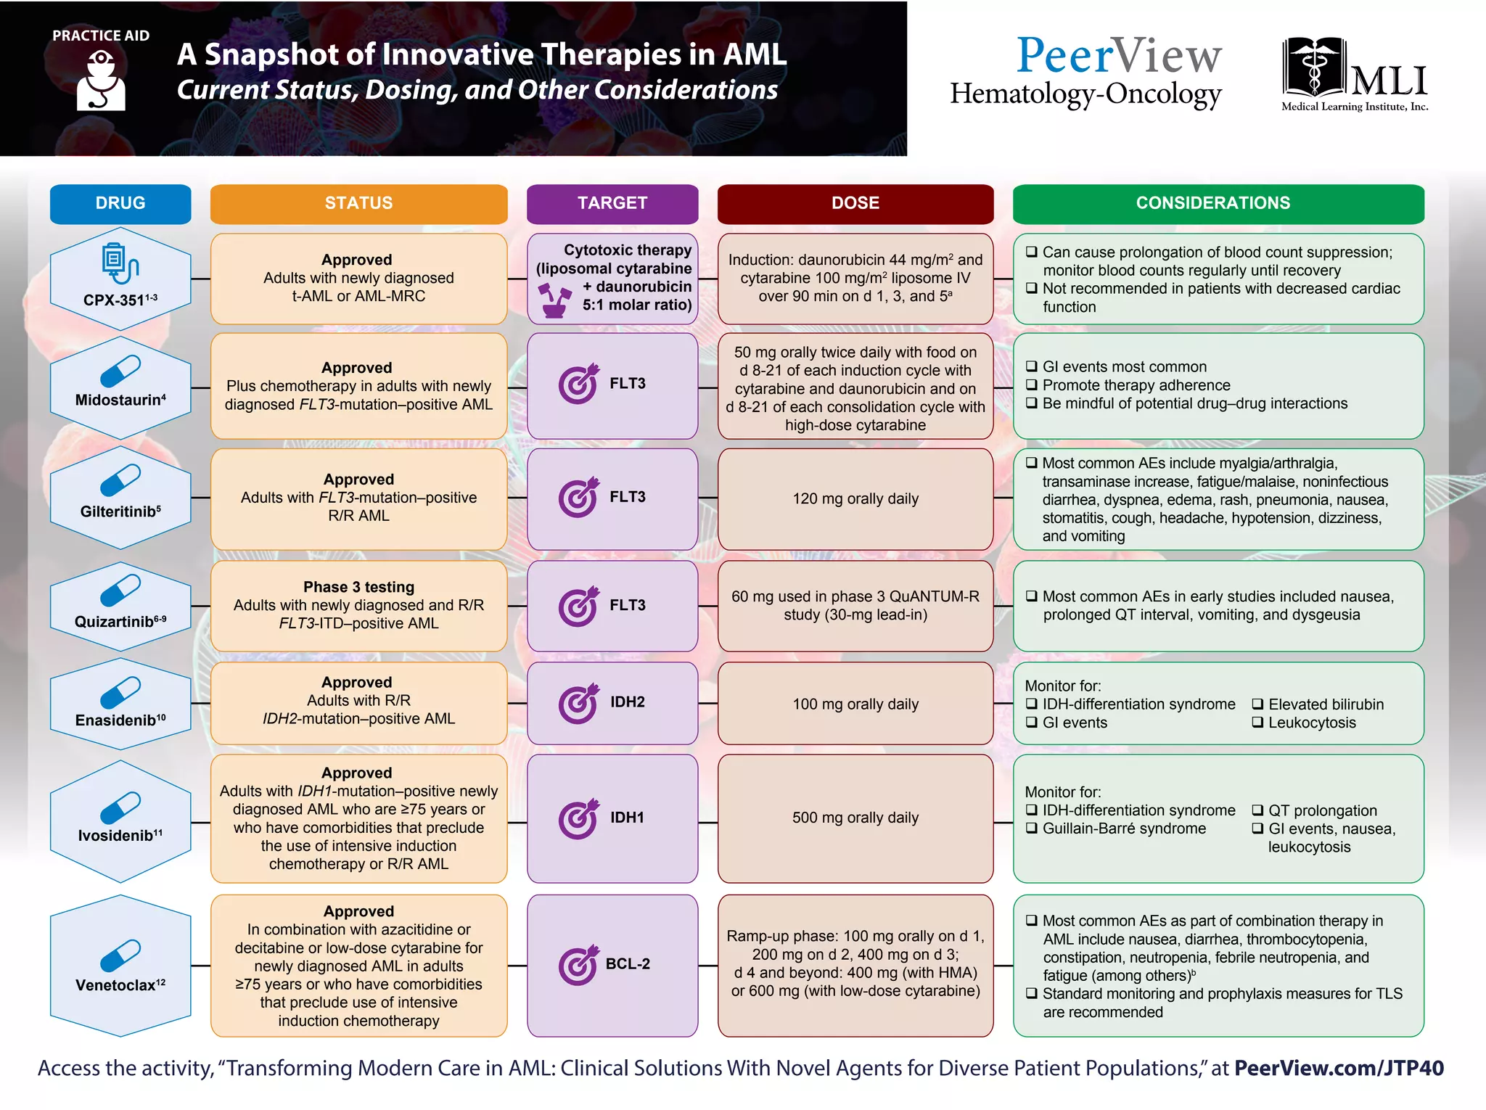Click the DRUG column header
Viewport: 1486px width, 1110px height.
[120, 204]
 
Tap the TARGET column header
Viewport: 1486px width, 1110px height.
[612, 204]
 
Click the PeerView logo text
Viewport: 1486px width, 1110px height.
[1119, 56]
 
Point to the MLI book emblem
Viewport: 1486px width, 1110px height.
[1313, 70]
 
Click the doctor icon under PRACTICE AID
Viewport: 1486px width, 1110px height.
[101, 83]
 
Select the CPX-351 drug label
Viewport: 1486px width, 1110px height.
[115, 300]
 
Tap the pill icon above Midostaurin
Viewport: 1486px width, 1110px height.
[120, 371]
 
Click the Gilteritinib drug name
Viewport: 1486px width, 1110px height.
[118, 511]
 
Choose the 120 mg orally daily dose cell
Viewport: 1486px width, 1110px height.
[855, 499]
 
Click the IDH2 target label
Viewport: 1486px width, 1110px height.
[627, 702]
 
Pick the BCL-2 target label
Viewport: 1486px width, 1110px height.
[628, 964]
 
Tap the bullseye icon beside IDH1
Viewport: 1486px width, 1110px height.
[578, 820]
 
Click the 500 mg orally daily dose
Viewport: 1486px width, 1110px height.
[855, 818]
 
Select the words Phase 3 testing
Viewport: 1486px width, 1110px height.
[358, 587]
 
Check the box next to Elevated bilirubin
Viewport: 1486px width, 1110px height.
[1257, 704]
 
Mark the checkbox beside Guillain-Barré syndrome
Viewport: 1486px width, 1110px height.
[1031, 829]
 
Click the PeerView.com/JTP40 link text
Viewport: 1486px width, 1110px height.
[1339, 1068]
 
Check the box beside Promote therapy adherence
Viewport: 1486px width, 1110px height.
[1031, 385]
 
